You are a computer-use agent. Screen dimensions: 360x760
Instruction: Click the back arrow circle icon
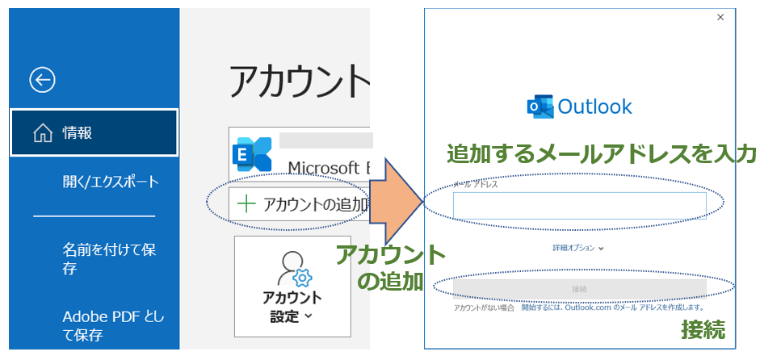point(42,79)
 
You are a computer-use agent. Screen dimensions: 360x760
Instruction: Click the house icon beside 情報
point(43,133)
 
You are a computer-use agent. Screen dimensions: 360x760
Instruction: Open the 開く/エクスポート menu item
point(111,181)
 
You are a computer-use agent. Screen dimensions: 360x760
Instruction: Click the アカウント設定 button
point(292,286)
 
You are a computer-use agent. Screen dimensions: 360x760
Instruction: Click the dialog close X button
point(720,17)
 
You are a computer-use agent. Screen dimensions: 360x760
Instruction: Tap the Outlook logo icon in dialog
point(539,107)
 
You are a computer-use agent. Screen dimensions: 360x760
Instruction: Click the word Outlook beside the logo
point(595,107)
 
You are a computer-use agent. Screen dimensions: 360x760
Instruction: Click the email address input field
point(579,206)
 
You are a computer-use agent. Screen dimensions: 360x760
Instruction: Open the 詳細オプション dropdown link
point(578,248)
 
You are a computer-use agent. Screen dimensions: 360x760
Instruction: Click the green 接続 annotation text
point(703,329)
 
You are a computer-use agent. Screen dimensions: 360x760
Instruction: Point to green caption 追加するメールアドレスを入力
point(601,153)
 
